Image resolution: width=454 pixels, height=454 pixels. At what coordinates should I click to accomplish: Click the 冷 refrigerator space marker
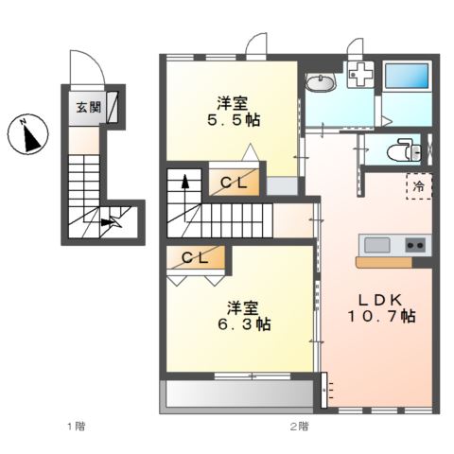point(418,186)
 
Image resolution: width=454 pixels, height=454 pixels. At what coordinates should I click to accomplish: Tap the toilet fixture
point(405,150)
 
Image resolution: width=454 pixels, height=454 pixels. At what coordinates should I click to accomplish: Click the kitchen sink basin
point(377,245)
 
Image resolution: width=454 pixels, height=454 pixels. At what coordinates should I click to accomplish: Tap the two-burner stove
point(415,245)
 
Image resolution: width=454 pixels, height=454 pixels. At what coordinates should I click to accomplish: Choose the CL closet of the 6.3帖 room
point(196,256)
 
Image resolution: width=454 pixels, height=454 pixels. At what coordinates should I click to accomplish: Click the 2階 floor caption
point(299,427)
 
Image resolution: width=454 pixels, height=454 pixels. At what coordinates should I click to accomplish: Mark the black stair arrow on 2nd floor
point(184,183)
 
